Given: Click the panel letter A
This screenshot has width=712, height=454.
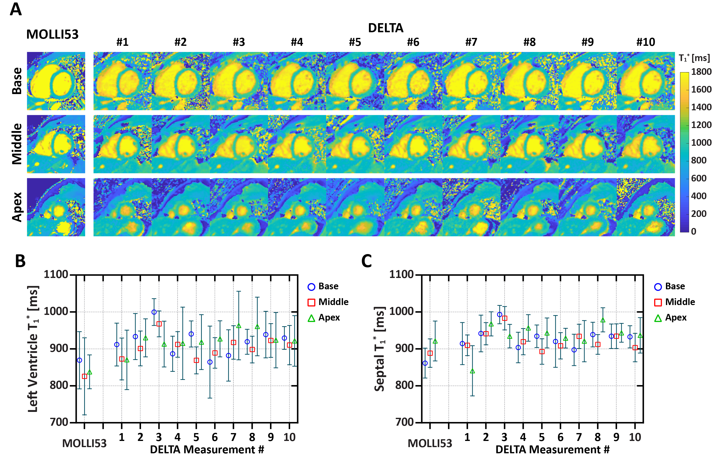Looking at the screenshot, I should (x=16, y=9).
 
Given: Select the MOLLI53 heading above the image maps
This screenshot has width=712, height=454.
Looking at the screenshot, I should (x=52, y=34).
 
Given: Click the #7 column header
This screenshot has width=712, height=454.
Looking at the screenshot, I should (x=471, y=42).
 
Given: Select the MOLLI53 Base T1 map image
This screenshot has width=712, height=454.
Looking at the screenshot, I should (x=56, y=81).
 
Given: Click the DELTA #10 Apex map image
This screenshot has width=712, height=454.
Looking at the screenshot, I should (x=646, y=207).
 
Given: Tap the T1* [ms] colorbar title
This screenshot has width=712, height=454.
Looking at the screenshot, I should (x=694, y=58).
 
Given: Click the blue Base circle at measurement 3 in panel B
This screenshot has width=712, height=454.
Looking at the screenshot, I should (x=154, y=312).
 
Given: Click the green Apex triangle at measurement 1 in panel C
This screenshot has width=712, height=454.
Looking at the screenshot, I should (x=473, y=371).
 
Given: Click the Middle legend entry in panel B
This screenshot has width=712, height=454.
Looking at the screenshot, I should (x=328, y=302).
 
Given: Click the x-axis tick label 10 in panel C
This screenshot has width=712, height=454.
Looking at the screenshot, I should (x=635, y=437).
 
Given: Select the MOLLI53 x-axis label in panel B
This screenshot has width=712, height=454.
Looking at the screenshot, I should (x=84, y=443).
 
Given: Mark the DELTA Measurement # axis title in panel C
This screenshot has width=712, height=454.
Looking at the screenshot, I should (x=552, y=449).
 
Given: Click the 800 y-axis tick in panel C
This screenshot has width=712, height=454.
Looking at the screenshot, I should (x=404, y=385).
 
